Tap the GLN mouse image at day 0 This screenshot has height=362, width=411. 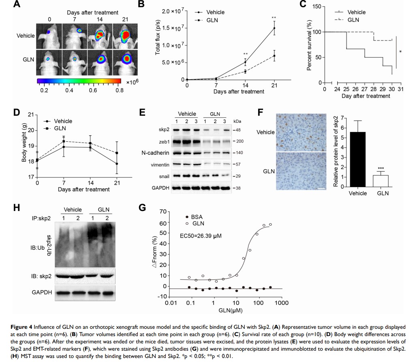49,62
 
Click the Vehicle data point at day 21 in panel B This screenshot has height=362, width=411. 274,28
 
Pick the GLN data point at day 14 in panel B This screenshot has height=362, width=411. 245,71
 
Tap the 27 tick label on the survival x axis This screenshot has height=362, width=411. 365,89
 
